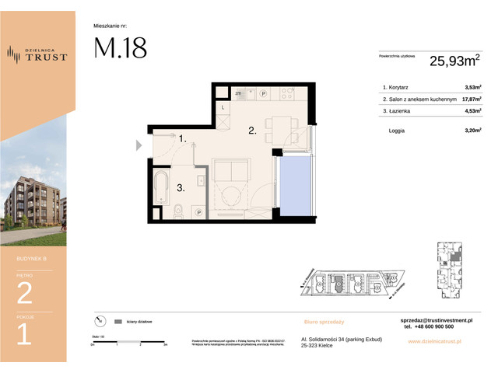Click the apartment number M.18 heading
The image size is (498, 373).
pyautogui.click(x=120, y=48)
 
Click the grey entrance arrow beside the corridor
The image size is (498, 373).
pyautogui.click(x=139, y=145)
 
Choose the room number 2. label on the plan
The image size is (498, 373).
pyautogui.click(x=253, y=131)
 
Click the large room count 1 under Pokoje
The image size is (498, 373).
pyautogui.click(x=24, y=334)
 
